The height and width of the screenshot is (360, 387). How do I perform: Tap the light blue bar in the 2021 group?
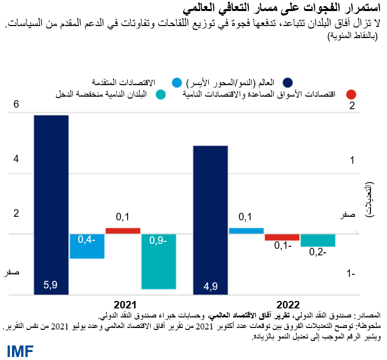pyautogui.click(x=87, y=246)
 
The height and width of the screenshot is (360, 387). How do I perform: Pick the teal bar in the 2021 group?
pyautogui.click(x=159, y=261)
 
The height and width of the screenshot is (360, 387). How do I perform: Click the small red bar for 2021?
pyautogui.click(x=123, y=231)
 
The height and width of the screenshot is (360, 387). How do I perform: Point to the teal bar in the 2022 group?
pyautogui.click(x=318, y=240)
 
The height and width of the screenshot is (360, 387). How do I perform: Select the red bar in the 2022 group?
pyautogui.click(x=282, y=237)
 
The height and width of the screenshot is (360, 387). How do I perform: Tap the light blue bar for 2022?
pyautogui.click(x=246, y=231)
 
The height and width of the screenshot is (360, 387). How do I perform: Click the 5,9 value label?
pyautogui.click(x=51, y=285)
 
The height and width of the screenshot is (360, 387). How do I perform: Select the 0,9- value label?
pyautogui.click(x=159, y=241)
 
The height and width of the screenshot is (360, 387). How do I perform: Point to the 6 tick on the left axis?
pyautogui.click(x=16, y=105)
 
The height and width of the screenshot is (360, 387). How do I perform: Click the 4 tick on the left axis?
pyautogui.click(x=16, y=159)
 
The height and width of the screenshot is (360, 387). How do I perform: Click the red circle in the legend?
pyautogui.click(x=351, y=95)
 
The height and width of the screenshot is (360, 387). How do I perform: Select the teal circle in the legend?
pyautogui.click(x=161, y=95)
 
